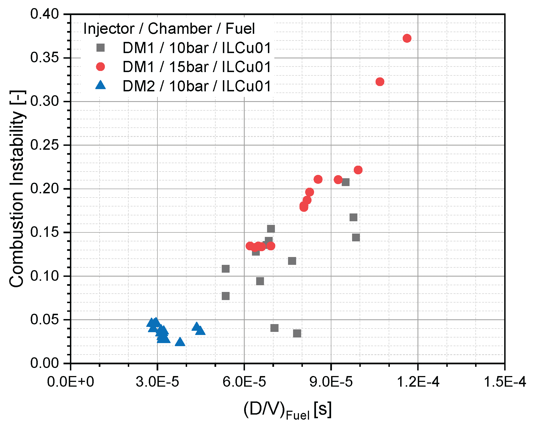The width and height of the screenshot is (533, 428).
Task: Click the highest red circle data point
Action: (x=407, y=38)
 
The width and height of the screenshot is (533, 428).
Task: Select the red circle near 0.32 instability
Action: (x=380, y=82)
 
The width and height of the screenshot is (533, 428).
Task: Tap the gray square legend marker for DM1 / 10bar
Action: (x=100, y=48)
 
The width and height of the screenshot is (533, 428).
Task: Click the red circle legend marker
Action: (x=100, y=67)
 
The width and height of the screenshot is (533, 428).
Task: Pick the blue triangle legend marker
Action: (x=100, y=85)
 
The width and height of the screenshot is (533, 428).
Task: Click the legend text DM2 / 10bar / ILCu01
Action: (x=197, y=86)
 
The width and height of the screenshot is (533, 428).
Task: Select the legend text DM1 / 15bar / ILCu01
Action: (x=197, y=67)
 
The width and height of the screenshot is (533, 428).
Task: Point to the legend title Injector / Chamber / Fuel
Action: (x=169, y=29)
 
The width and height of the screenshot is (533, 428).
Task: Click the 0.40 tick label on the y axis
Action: (x=45, y=14)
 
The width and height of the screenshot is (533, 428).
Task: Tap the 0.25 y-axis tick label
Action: (x=45, y=145)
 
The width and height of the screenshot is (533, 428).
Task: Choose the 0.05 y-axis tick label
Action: (x=45, y=319)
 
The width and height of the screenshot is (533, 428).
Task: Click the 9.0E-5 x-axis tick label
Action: (x=331, y=382)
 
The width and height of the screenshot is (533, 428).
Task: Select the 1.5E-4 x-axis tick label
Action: (x=505, y=382)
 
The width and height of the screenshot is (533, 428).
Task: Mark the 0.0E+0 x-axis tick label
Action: (x=70, y=382)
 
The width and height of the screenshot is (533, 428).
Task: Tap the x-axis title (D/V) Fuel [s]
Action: (x=287, y=410)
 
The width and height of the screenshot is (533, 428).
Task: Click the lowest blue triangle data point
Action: (x=180, y=342)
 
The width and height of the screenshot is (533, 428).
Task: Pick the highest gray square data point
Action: (x=345, y=182)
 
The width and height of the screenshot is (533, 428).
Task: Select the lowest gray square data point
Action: (x=297, y=333)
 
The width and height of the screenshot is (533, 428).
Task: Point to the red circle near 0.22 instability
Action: (x=358, y=170)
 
